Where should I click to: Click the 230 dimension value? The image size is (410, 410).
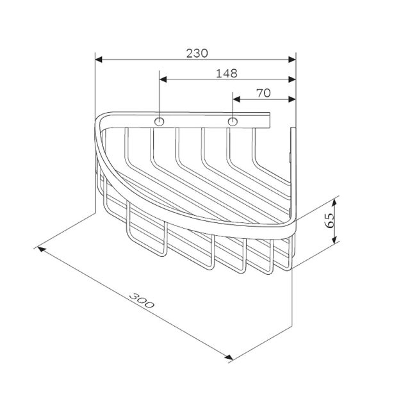[x=197, y=53]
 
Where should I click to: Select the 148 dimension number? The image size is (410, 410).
[x=226, y=74]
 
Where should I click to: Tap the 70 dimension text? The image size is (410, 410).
[x=263, y=93]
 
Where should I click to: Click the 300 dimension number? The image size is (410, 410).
[x=142, y=300]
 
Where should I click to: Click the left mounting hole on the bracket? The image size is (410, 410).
[x=160, y=122]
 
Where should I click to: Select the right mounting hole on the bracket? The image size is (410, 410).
[x=233, y=122]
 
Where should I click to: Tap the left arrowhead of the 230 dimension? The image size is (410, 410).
[x=99, y=60]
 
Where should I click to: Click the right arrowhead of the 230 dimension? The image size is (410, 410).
[x=292, y=60]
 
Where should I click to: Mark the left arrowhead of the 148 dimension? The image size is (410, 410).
[x=163, y=79]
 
